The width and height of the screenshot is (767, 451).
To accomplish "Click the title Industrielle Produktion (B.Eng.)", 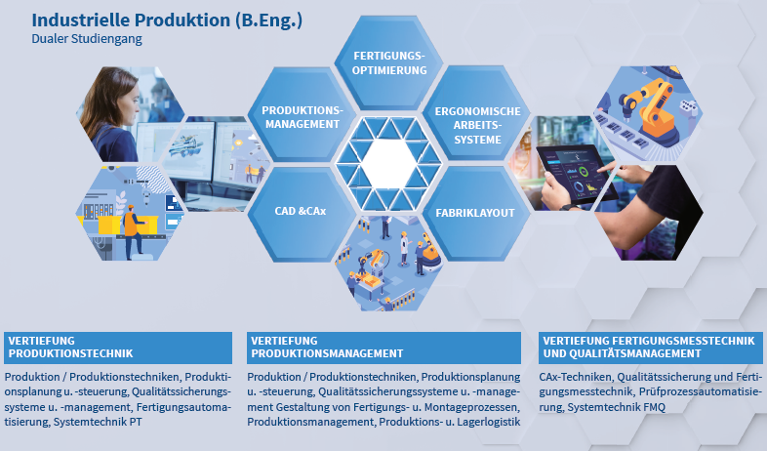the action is (167, 20).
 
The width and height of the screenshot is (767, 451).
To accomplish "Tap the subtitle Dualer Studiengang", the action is (87, 39).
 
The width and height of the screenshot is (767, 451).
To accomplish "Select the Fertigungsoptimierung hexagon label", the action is (389, 63).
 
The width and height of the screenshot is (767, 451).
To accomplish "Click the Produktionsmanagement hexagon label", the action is (303, 117).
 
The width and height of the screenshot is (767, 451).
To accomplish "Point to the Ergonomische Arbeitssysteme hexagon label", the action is (477, 126).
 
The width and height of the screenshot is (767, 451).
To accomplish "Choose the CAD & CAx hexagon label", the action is (301, 211).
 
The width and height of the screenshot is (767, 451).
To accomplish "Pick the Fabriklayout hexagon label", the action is (475, 213).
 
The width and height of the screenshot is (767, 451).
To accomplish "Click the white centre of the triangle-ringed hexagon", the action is (389, 163).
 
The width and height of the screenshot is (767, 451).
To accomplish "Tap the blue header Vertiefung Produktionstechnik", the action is (118, 348).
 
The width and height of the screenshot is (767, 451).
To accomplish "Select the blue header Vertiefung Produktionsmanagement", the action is (383, 348).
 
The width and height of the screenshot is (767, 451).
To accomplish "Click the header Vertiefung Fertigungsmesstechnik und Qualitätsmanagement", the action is (650, 348).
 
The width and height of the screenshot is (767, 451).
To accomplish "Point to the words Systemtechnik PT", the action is (98, 422).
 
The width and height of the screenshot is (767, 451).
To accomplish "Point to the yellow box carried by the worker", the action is (111, 225).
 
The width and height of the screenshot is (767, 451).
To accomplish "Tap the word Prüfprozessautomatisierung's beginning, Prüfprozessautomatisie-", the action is (701, 392).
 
